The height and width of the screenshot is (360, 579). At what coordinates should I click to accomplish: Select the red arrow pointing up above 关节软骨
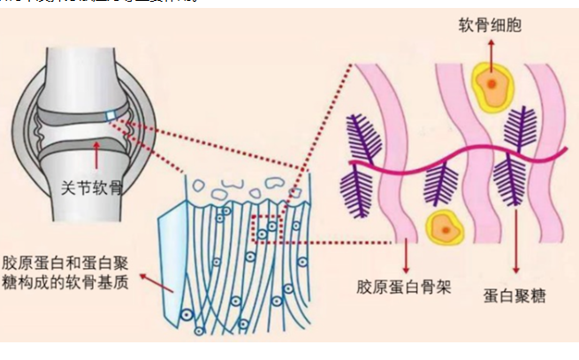pyautogui.click(x=95, y=160)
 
